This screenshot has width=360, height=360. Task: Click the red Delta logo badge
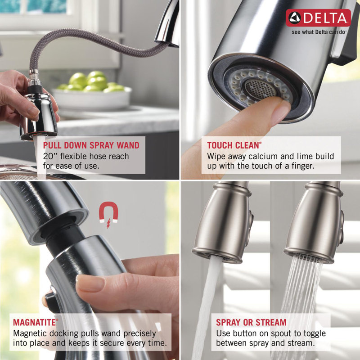pos(318,18)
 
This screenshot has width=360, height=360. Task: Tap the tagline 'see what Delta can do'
pos(318,32)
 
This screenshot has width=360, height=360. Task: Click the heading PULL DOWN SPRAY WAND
pos(91,145)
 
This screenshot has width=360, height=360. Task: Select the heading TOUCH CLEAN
pos(234,145)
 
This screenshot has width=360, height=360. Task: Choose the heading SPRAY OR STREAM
pos(251,322)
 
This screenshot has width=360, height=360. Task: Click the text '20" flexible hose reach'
pos(85,156)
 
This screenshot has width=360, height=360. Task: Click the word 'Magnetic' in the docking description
pos(31,333)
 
